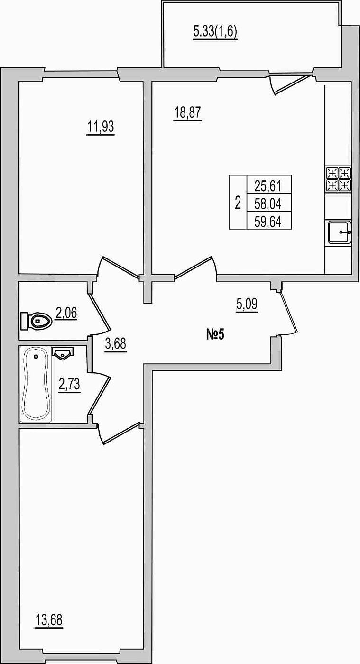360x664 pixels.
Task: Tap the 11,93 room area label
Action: (100, 127)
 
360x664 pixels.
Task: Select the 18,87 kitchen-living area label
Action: (188, 113)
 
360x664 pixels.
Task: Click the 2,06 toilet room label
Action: (66, 313)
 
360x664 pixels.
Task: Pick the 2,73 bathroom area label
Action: (69, 385)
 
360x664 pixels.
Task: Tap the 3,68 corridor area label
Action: (115, 344)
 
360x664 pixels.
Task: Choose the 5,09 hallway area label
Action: (247, 304)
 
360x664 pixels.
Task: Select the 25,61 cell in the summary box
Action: (268, 186)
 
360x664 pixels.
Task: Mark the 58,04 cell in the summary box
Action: (268, 204)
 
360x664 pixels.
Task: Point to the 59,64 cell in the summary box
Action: (268, 221)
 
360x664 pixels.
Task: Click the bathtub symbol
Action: (36, 384)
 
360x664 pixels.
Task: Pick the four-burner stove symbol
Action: (338, 179)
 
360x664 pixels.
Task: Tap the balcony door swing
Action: (290, 85)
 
